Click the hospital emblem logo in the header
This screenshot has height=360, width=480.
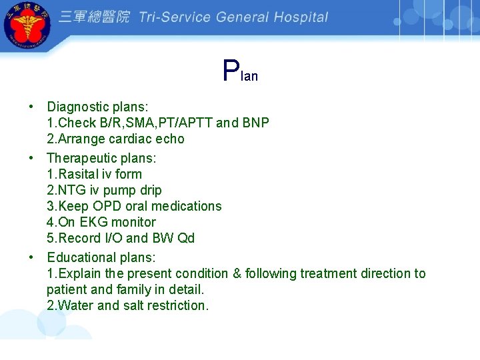27,27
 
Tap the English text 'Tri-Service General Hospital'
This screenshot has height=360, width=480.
233,17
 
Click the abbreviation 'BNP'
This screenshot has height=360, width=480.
256,123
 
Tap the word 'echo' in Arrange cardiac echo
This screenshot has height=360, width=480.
171,139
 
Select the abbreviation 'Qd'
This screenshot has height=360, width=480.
186,238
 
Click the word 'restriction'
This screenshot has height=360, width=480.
176,305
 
